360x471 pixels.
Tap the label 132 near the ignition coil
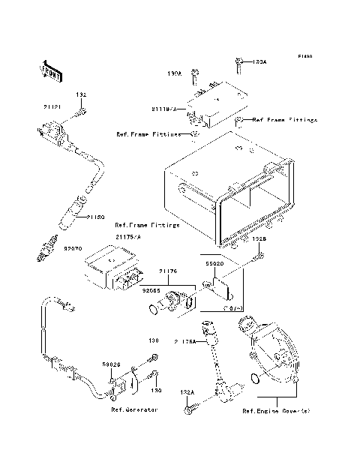pos(82,96)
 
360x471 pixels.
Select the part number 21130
pos(94,217)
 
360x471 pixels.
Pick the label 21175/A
pos(127,237)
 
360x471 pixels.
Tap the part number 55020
pos(215,264)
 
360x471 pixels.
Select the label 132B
pos(258,239)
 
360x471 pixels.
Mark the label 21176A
pos(184,341)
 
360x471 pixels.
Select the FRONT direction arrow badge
pos(46,70)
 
